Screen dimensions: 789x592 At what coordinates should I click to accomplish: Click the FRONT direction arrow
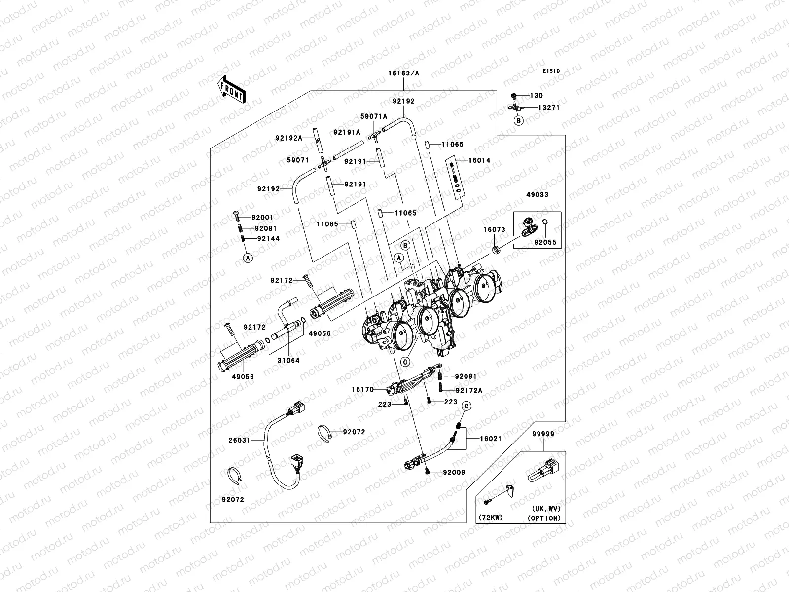pos(232,90)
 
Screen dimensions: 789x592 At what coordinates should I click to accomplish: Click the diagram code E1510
pos(551,71)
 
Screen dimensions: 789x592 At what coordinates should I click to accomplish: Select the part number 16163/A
pos(403,74)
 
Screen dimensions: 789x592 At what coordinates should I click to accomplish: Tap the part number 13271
pos(548,108)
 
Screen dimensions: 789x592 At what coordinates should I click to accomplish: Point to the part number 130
pos(537,96)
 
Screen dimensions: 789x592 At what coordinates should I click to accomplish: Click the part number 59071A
pos(374,116)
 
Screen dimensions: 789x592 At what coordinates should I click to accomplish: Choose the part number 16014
pos(479,160)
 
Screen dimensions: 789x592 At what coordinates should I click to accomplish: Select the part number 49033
pos(538,195)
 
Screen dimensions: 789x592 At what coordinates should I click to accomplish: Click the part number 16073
pos(494,230)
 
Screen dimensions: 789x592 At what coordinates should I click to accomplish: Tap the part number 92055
pos(545,242)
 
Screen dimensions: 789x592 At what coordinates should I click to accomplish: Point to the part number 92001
pos(262,218)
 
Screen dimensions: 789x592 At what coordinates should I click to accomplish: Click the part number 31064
pos(288,360)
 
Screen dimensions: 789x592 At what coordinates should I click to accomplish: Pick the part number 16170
pos(362,390)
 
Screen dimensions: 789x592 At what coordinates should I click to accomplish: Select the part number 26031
pos(239,440)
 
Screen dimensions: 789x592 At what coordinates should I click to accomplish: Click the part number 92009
pos(454,472)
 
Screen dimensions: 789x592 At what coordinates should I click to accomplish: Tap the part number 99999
pos(543,434)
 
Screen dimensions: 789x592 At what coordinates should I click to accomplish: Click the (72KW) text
pos(490,518)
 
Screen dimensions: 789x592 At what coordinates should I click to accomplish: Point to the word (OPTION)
pos(544,518)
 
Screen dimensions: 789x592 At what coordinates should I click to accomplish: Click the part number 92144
pos(268,239)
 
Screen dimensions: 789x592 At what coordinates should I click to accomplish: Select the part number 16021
pos(490,439)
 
